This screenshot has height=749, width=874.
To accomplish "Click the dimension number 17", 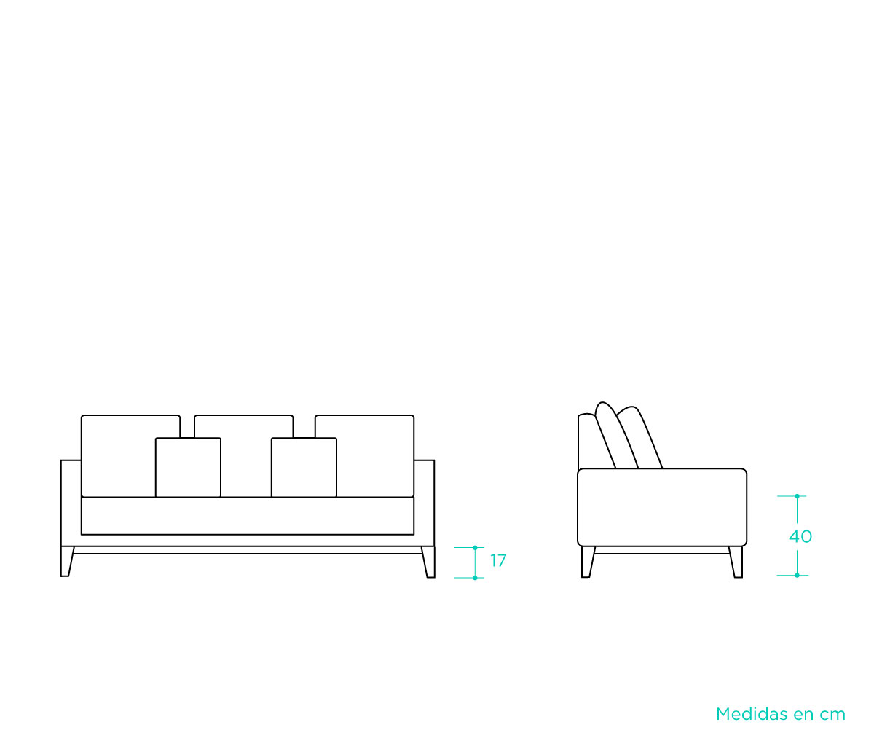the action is coord(498,561).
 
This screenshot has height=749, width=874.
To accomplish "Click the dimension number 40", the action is coord(800,537).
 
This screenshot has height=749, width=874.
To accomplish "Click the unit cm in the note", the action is coord(832,715).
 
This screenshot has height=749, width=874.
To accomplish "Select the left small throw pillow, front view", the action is coord(188,467).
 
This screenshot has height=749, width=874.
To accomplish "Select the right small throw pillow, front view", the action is coord(304,467).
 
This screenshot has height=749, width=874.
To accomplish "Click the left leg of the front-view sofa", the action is coord(67,562).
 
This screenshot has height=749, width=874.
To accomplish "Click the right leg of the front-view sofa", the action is coord(429,562).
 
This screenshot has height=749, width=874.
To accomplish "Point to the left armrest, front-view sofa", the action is coord(71,503).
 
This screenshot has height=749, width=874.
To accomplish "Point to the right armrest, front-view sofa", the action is coord(425,503).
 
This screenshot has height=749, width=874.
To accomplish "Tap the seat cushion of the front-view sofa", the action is coord(248,516).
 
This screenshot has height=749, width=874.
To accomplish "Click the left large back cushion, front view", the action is coord(119,456).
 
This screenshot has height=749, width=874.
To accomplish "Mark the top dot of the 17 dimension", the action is coord(475,548).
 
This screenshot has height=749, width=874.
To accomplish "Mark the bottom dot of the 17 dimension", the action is coord(475,578).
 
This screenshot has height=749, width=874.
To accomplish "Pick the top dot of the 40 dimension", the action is coord(797,496).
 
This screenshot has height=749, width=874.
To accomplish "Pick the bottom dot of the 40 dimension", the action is coord(797,575).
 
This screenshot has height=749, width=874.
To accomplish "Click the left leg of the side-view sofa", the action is coord(588,562).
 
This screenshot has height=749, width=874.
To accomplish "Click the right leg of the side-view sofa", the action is coord(736,562).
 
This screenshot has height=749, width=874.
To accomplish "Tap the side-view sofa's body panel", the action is coord(662,508).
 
